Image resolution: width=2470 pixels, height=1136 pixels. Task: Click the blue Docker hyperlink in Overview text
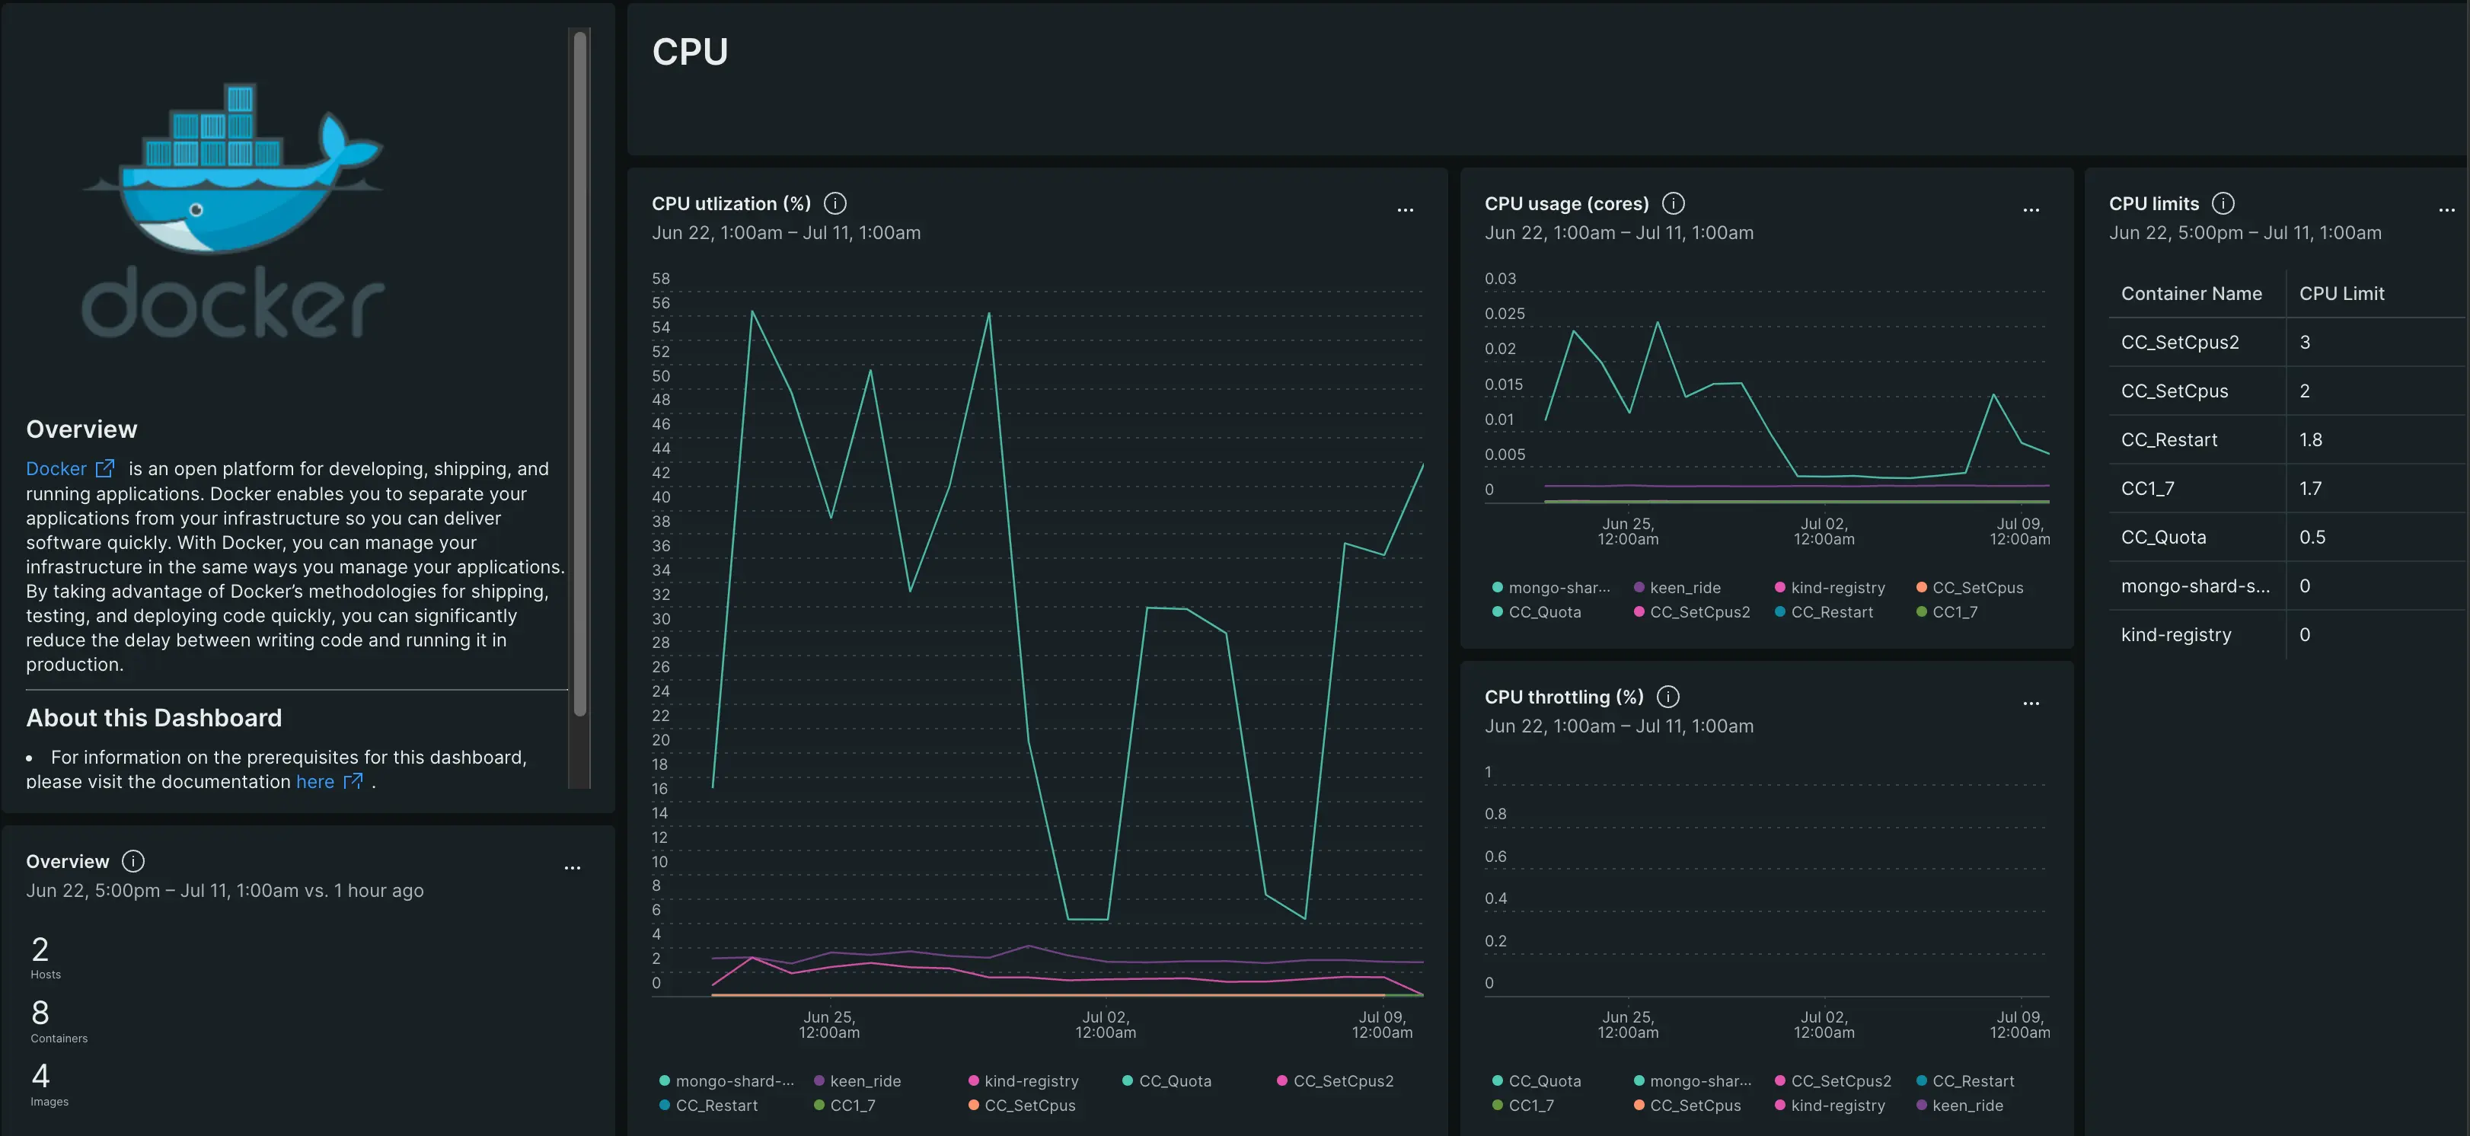point(56,469)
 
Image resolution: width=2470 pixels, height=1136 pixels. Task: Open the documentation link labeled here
point(315,781)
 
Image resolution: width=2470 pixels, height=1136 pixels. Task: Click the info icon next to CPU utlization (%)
point(835,203)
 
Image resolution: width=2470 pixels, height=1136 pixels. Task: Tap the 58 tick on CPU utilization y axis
point(661,279)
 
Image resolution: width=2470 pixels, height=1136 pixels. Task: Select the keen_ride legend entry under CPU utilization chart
point(864,1080)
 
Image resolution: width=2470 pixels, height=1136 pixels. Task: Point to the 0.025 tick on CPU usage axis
point(1504,314)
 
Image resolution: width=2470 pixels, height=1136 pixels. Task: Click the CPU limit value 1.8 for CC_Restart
point(2310,440)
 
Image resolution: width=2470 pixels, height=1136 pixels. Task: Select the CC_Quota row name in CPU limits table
point(2163,537)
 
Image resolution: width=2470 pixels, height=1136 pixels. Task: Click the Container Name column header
point(2191,293)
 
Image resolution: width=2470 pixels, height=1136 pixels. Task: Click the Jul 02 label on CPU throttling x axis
point(1824,1024)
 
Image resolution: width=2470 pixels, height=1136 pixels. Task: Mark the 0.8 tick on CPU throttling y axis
point(1495,814)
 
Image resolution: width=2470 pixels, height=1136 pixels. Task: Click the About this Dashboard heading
point(153,718)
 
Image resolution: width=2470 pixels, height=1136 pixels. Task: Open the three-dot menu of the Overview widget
point(573,867)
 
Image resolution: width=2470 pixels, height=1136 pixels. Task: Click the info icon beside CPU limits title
point(2223,203)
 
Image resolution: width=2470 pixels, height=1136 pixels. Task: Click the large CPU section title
point(689,52)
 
